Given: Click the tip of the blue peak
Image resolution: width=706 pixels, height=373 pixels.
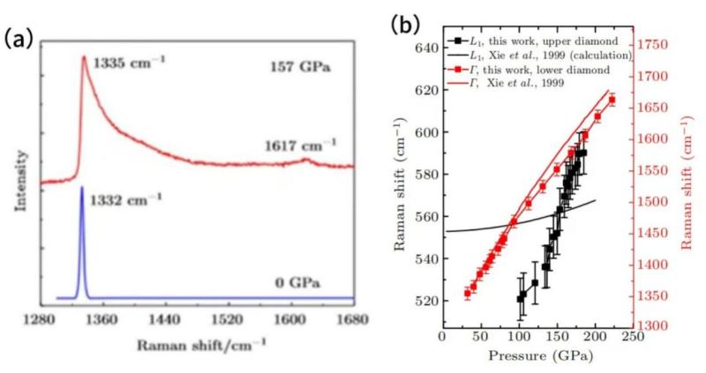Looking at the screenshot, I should (x=82, y=187).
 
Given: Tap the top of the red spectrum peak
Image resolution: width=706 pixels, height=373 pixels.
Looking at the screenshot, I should (x=84, y=57).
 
